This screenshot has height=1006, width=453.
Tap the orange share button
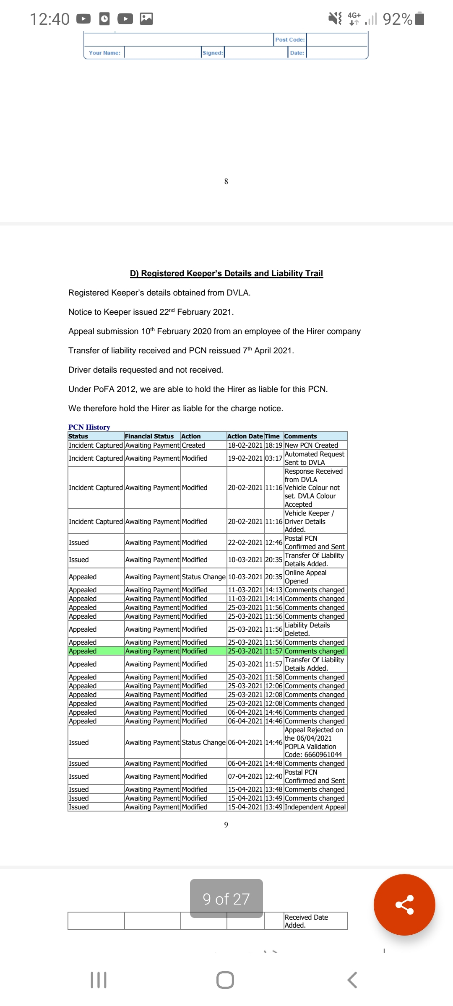coord(404,904)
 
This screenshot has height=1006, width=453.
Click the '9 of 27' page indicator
coord(226,899)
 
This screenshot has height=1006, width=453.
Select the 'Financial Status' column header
coord(149,436)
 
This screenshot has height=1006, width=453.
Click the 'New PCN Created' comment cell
coord(311,445)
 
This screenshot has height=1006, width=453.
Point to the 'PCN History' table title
coord(89,427)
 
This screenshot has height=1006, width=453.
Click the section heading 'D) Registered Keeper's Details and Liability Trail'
coord(226,273)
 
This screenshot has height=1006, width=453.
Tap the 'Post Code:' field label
coord(290,39)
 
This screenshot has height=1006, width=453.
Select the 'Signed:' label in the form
coord(213,53)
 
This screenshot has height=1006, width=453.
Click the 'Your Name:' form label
coord(104,53)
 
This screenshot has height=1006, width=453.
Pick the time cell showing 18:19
coord(273,445)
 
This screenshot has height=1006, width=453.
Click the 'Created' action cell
coord(193,445)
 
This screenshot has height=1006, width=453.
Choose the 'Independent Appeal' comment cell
coord(315,807)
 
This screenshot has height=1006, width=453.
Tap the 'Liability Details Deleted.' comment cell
coord(307,629)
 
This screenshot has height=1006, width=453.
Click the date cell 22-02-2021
coord(245,542)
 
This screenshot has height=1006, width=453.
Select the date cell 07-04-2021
coord(245,776)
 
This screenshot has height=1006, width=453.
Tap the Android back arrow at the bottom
coord(352,980)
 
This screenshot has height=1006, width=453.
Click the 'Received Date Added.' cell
coord(306,921)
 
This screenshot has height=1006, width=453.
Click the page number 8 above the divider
coord(226,181)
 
